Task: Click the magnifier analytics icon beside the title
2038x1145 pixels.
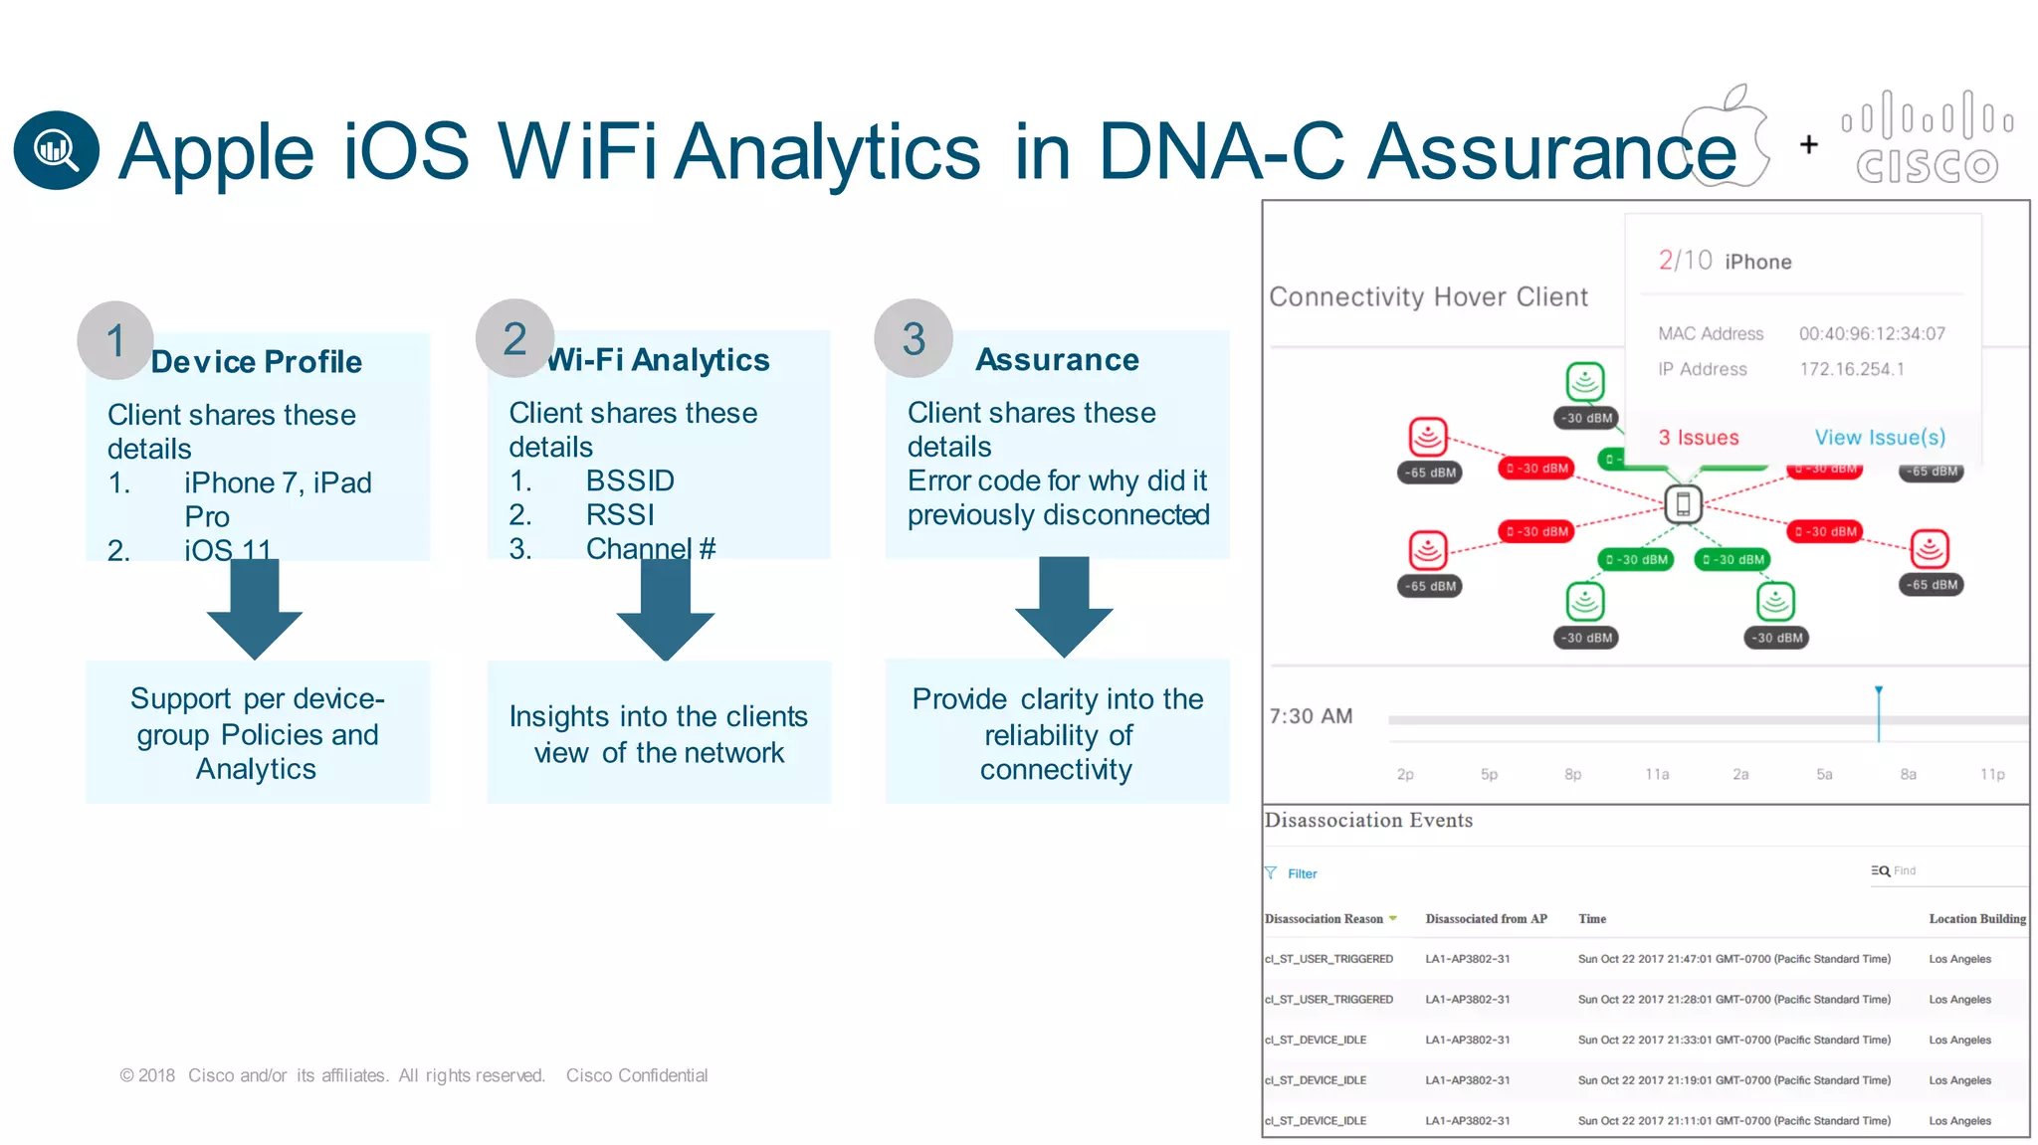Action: coord(56,150)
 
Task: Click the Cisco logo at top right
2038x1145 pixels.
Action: coord(1927,139)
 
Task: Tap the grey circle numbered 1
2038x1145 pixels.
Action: coord(115,340)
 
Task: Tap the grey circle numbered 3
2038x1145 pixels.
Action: coord(914,338)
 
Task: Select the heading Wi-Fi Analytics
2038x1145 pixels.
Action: coord(658,359)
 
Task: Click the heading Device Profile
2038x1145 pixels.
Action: coord(256,361)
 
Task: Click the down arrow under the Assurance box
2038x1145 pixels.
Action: coord(1064,608)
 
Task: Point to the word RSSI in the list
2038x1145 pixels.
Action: coord(620,514)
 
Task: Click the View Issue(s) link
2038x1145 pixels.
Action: coord(1879,438)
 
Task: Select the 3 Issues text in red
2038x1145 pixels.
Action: coord(1698,438)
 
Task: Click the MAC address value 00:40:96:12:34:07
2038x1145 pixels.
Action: coord(1871,334)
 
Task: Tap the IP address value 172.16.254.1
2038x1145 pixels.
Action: coord(1851,369)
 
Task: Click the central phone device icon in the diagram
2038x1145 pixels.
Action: coord(1683,504)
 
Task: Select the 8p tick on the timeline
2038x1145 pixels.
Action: coord(1572,774)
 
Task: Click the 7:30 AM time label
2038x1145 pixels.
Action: coord(1311,716)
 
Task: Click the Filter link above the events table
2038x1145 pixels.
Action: coord(1301,873)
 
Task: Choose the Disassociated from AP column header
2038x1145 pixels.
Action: coord(1486,919)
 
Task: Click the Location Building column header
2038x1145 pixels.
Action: coord(1976,919)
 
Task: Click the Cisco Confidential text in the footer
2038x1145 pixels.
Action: coord(637,1075)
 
